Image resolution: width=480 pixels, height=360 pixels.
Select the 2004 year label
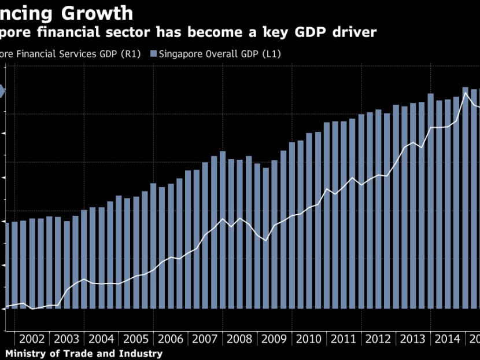point(101,339)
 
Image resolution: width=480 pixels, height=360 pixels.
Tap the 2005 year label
point(136,339)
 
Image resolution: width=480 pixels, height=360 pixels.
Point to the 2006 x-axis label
point(171,339)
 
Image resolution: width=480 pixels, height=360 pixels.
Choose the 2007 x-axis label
point(205,339)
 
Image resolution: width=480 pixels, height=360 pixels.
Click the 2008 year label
point(240,339)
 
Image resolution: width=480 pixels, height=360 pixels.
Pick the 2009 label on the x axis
point(275,339)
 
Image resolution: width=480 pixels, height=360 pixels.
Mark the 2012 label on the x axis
point(379,339)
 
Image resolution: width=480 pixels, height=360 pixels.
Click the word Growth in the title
point(99,13)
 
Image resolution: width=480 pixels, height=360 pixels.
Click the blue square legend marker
point(154,54)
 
